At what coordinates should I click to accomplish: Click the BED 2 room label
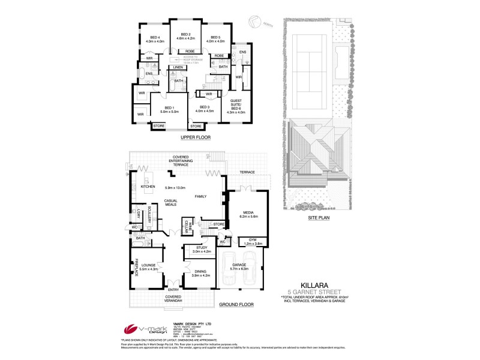click(185, 35)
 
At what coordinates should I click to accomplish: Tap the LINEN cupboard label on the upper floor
click(178, 67)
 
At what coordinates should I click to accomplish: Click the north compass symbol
click(256, 22)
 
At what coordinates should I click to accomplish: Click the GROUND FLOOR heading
click(236, 304)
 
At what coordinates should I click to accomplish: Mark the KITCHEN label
click(148, 187)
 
